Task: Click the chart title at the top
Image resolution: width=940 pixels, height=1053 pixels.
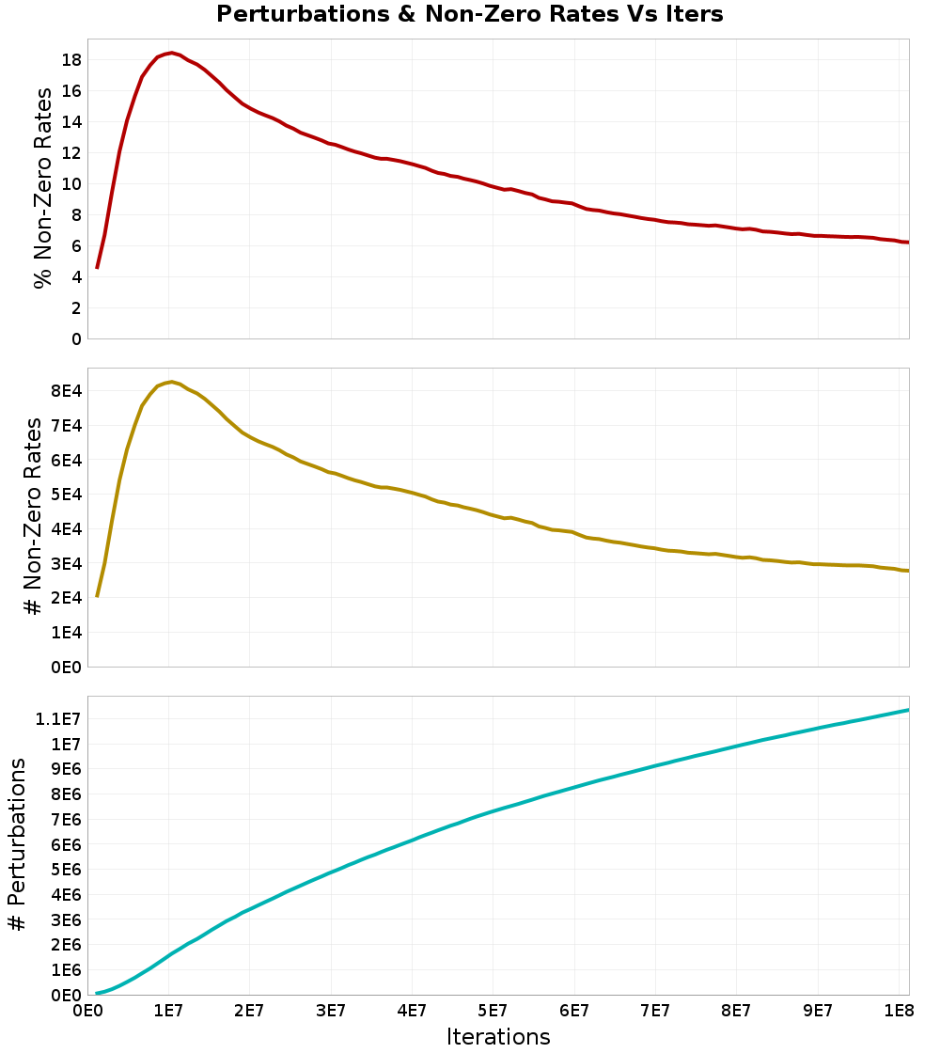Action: click(470, 14)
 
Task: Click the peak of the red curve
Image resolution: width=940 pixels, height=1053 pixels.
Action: click(170, 53)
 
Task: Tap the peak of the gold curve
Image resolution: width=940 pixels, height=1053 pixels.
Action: click(171, 382)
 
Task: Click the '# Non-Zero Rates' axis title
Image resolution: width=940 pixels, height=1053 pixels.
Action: click(34, 516)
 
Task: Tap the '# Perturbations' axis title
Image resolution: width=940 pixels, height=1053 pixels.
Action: click(17, 845)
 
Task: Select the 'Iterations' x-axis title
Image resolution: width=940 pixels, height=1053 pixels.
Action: click(498, 1037)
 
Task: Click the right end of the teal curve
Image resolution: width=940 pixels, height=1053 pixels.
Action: click(908, 710)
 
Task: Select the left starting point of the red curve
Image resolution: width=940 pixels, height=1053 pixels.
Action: click(97, 268)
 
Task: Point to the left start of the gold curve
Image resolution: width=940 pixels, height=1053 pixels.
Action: click(97, 596)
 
